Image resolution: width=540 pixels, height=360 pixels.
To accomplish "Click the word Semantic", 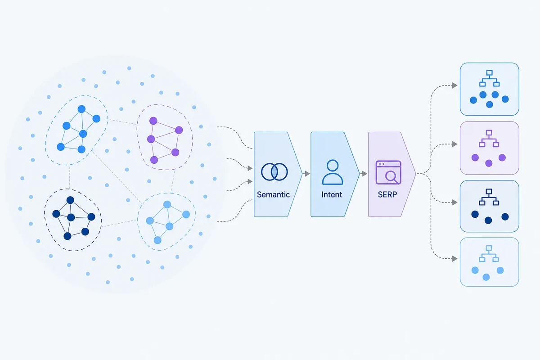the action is click(273, 194).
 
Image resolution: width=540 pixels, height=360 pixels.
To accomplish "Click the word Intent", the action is click(332, 194).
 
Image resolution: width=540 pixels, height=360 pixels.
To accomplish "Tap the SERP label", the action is click(387, 194).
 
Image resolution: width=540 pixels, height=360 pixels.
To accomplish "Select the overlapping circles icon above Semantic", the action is click(274, 172).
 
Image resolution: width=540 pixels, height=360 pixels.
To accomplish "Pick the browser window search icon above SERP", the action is click(388, 172).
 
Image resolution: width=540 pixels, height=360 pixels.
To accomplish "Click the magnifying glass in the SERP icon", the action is click(391, 177).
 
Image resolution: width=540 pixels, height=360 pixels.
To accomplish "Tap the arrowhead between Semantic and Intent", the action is click(307, 174).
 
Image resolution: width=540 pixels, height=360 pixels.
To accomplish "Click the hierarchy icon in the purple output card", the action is click(489, 139).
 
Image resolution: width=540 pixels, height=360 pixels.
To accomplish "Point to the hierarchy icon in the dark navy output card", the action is click(489, 197).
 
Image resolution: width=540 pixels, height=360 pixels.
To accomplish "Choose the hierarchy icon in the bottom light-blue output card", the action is click(489, 254).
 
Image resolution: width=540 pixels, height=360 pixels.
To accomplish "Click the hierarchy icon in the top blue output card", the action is click(490, 78).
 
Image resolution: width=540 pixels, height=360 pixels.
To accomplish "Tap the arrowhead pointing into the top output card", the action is click(454, 85).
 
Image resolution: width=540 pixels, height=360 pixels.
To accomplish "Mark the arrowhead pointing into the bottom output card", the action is click(454, 259).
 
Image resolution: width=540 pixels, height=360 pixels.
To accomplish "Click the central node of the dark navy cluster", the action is click(71, 217).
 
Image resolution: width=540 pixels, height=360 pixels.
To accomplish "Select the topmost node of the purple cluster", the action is click(153, 121).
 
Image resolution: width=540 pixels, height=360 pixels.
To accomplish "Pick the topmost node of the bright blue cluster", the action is click(81, 109).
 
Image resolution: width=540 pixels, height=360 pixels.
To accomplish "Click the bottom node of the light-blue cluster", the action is click(157, 240).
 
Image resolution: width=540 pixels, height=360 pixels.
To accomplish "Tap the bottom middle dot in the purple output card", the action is click(489, 163).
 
